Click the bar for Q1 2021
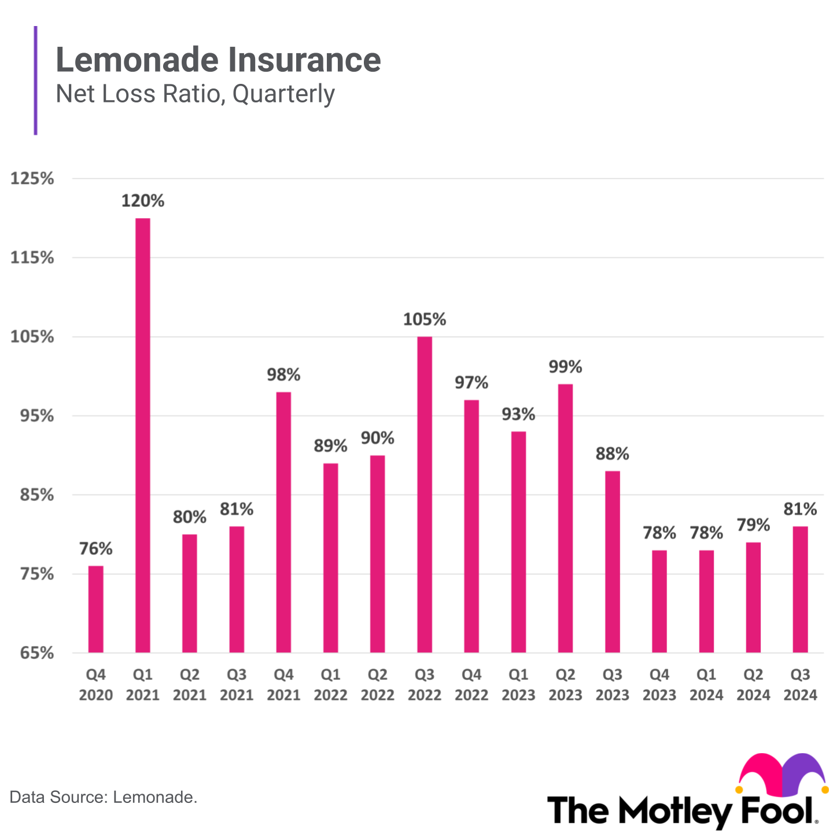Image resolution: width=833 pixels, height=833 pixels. coord(142,435)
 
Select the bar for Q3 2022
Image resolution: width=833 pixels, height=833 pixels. coord(424,495)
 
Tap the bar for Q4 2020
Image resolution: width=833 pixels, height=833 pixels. coord(95,609)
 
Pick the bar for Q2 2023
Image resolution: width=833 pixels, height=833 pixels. coord(565,518)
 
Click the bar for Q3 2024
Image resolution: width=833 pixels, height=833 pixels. coord(800,589)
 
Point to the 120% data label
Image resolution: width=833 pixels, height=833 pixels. coord(142,201)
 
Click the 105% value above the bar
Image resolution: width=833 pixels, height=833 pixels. coord(424,319)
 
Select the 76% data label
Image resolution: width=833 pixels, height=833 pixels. coord(95,548)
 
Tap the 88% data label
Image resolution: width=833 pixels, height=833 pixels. coord(612,454)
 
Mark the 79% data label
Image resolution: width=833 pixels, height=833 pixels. coord(753,525)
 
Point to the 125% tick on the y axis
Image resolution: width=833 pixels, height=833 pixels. coord(32,178)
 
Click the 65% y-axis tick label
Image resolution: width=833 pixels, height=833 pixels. coord(36,653)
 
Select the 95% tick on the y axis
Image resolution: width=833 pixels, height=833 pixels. coord(36,416)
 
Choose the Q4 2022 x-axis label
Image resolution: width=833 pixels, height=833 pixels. coord(471,685)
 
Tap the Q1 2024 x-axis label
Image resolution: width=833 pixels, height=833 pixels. coord(706,685)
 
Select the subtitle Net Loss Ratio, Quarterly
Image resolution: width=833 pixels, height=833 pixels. coord(195,94)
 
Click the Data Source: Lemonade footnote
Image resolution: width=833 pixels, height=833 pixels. coord(104,797)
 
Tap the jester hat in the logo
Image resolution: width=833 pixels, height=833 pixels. coord(782,774)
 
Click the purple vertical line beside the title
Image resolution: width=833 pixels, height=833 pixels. coord(35,80)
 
